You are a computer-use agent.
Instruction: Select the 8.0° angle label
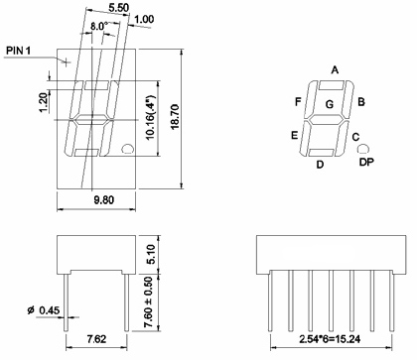[x=99, y=26]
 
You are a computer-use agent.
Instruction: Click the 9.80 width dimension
[x=96, y=199]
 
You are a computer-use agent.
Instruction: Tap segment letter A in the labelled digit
[x=335, y=70]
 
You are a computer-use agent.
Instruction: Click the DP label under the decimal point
[x=366, y=162]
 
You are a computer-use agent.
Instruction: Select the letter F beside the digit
[x=298, y=102]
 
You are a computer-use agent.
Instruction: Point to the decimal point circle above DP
[x=362, y=147]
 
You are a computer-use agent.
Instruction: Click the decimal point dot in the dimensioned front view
[x=127, y=150]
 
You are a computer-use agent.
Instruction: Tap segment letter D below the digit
[x=319, y=165]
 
